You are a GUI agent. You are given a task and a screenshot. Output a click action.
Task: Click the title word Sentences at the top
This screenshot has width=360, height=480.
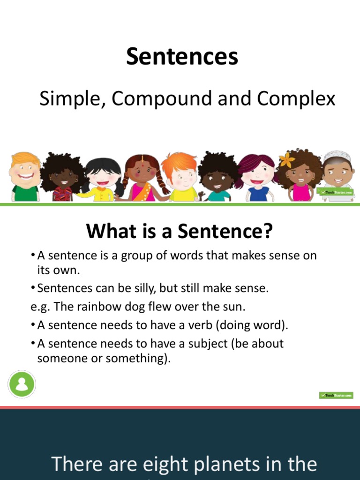pyautogui.click(x=182, y=57)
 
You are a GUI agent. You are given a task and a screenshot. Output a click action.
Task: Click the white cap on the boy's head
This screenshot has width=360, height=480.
pyautogui.click(x=337, y=156)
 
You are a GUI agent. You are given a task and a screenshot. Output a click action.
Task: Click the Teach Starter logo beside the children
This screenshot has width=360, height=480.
pyautogui.click(x=336, y=192)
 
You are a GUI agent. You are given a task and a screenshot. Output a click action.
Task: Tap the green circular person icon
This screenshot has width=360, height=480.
pyautogui.click(x=21, y=384)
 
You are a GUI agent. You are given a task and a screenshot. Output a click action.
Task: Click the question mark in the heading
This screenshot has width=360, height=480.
pyautogui.click(x=267, y=231)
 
